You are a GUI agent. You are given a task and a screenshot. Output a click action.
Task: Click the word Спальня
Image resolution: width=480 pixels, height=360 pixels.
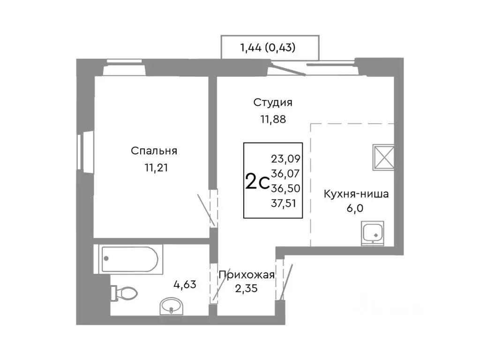(154, 151)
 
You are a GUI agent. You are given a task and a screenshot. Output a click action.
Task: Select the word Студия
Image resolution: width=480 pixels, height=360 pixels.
(273, 102)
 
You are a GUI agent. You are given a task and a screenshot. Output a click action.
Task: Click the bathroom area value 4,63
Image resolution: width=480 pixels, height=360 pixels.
(185, 283)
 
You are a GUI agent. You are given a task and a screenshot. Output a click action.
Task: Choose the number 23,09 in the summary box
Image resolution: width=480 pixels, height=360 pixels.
(285, 158)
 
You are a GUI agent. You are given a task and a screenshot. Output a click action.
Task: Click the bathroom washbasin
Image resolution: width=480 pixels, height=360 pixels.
(172, 307)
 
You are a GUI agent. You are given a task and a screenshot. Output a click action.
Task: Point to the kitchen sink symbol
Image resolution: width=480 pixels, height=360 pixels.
(373, 233)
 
